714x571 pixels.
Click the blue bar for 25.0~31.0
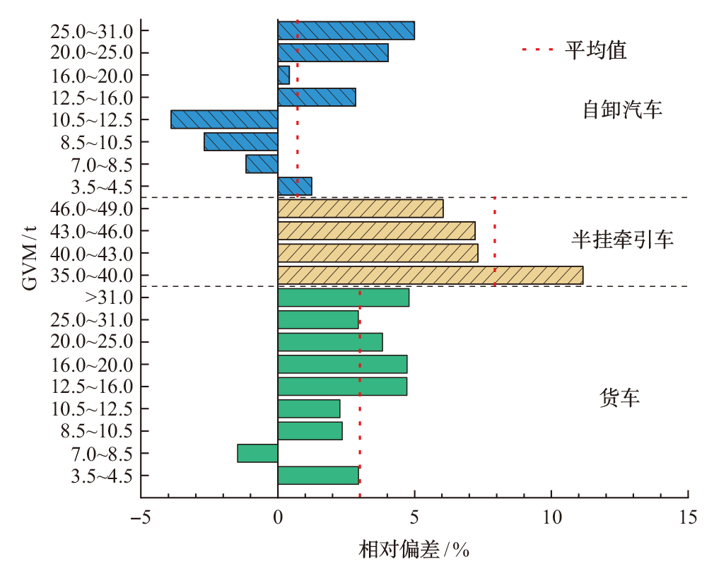tap(346, 30)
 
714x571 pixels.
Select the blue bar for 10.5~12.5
tap(224, 119)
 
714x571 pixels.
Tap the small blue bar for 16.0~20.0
tap(283, 75)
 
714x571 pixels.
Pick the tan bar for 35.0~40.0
tap(430, 275)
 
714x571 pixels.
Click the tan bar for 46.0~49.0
tap(361, 208)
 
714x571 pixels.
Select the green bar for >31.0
tap(343, 298)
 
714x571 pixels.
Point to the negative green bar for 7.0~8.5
tap(257, 453)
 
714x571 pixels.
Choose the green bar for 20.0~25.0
tap(330, 342)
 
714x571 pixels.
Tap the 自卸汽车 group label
tap(622, 110)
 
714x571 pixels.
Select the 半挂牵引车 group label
tap(622, 240)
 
